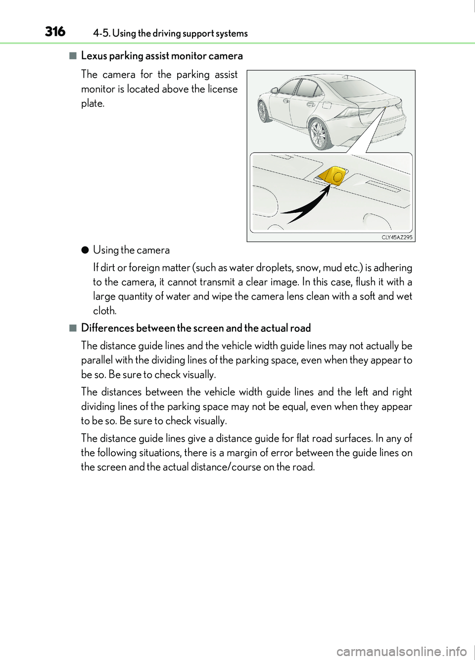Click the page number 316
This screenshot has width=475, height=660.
point(55,32)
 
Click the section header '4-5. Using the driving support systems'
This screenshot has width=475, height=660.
point(170,34)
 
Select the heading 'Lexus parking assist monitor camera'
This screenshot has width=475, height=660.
point(162,56)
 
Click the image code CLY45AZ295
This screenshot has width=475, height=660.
point(397,237)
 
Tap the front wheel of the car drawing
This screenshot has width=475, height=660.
point(263,111)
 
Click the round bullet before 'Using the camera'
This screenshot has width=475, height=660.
point(85,250)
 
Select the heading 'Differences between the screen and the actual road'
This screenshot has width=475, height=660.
point(196,328)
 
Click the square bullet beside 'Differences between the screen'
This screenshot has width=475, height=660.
point(73,328)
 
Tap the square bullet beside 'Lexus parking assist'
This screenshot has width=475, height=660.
point(73,56)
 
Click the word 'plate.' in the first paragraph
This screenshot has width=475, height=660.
point(93,103)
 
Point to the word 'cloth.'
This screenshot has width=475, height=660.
point(105,311)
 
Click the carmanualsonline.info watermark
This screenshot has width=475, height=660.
point(401,651)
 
